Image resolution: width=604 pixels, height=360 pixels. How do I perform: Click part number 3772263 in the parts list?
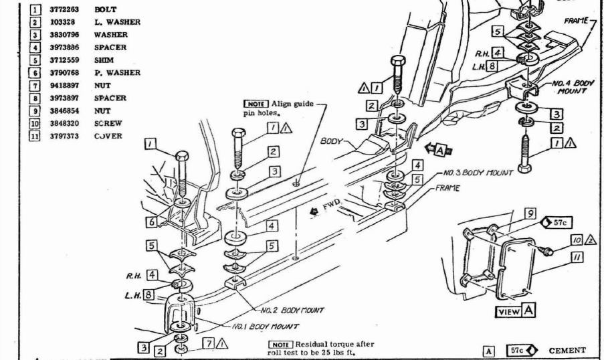tap(66, 9)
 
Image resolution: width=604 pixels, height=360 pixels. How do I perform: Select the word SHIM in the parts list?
tap(103, 60)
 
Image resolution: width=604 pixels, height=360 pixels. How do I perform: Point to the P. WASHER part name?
tap(117, 73)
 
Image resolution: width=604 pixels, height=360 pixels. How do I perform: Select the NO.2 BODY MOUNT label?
tap(294, 310)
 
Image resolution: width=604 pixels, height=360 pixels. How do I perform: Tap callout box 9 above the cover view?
tap(529, 214)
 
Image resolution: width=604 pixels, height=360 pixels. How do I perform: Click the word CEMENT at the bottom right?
tap(567, 350)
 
